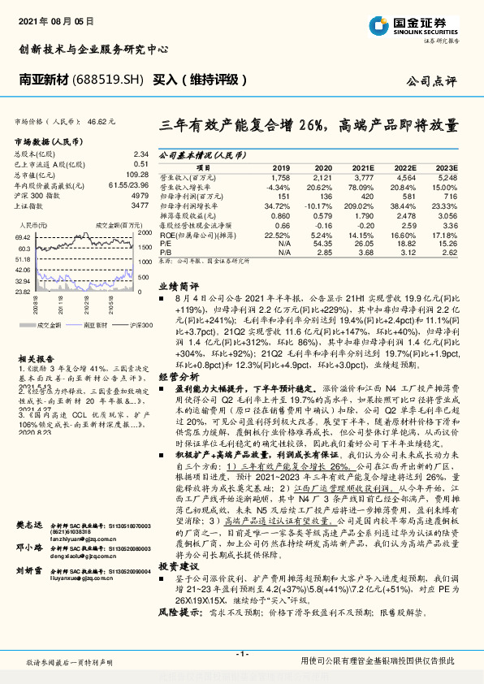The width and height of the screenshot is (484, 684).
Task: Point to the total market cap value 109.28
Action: (138, 174)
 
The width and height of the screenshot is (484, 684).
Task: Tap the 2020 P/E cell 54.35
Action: (322, 243)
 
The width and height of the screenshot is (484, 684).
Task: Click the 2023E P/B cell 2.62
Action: (449, 252)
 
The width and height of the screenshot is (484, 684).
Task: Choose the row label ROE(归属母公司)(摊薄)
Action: (194, 234)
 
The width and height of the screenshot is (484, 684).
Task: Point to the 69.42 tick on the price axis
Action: (22, 236)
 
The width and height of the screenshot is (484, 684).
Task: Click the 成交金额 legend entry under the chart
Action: (48, 324)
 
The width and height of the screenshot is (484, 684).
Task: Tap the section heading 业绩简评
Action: (178, 287)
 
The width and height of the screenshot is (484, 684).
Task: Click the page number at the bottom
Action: (241, 653)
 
